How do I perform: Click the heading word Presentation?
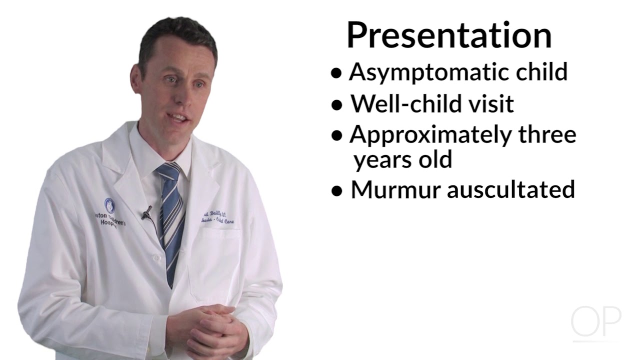pyautogui.click(x=449, y=35)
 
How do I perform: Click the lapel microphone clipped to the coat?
pyautogui.click(x=146, y=213)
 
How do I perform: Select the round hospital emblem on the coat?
pyautogui.click(x=109, y=204)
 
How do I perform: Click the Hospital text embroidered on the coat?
pyautogui.click(x=108, y=225)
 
